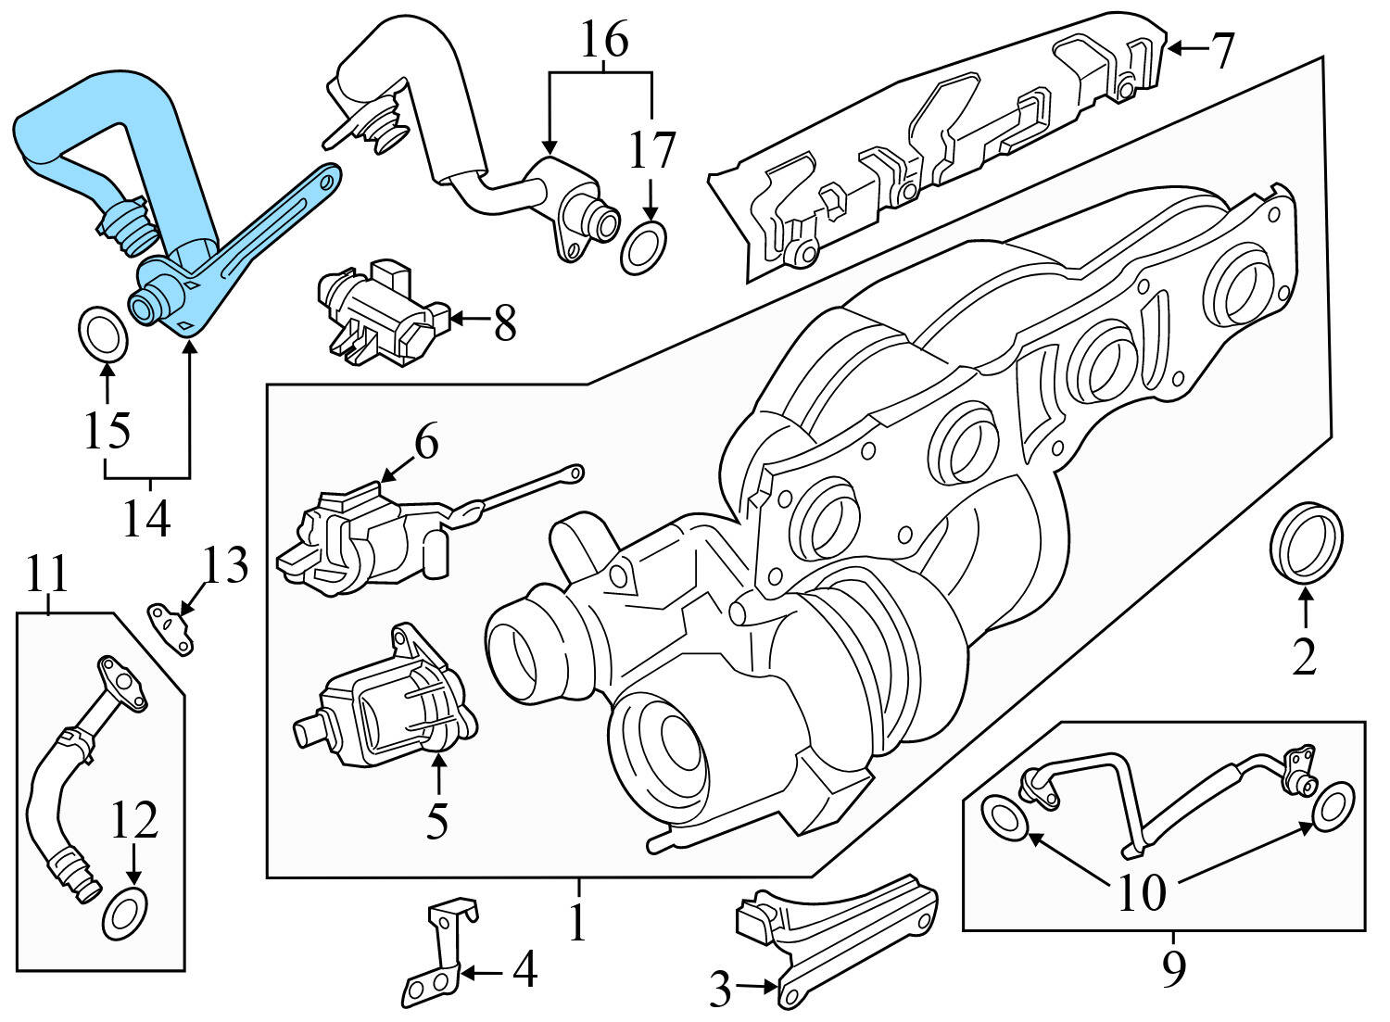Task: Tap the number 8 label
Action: [x=504, y=323]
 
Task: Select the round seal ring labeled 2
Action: [x=1305, y=543]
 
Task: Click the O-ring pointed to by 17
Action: [x=642, y=248]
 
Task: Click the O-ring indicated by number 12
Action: [x=124, y=912]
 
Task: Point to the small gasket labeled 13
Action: [x=172, y=628]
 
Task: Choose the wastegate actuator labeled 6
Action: [x=361, y=537]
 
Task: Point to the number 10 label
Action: [x=1142, y=893]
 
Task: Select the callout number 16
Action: [x=604, y=41]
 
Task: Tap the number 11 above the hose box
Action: [x=46, y=574]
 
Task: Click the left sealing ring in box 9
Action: [x=1004, y=818]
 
